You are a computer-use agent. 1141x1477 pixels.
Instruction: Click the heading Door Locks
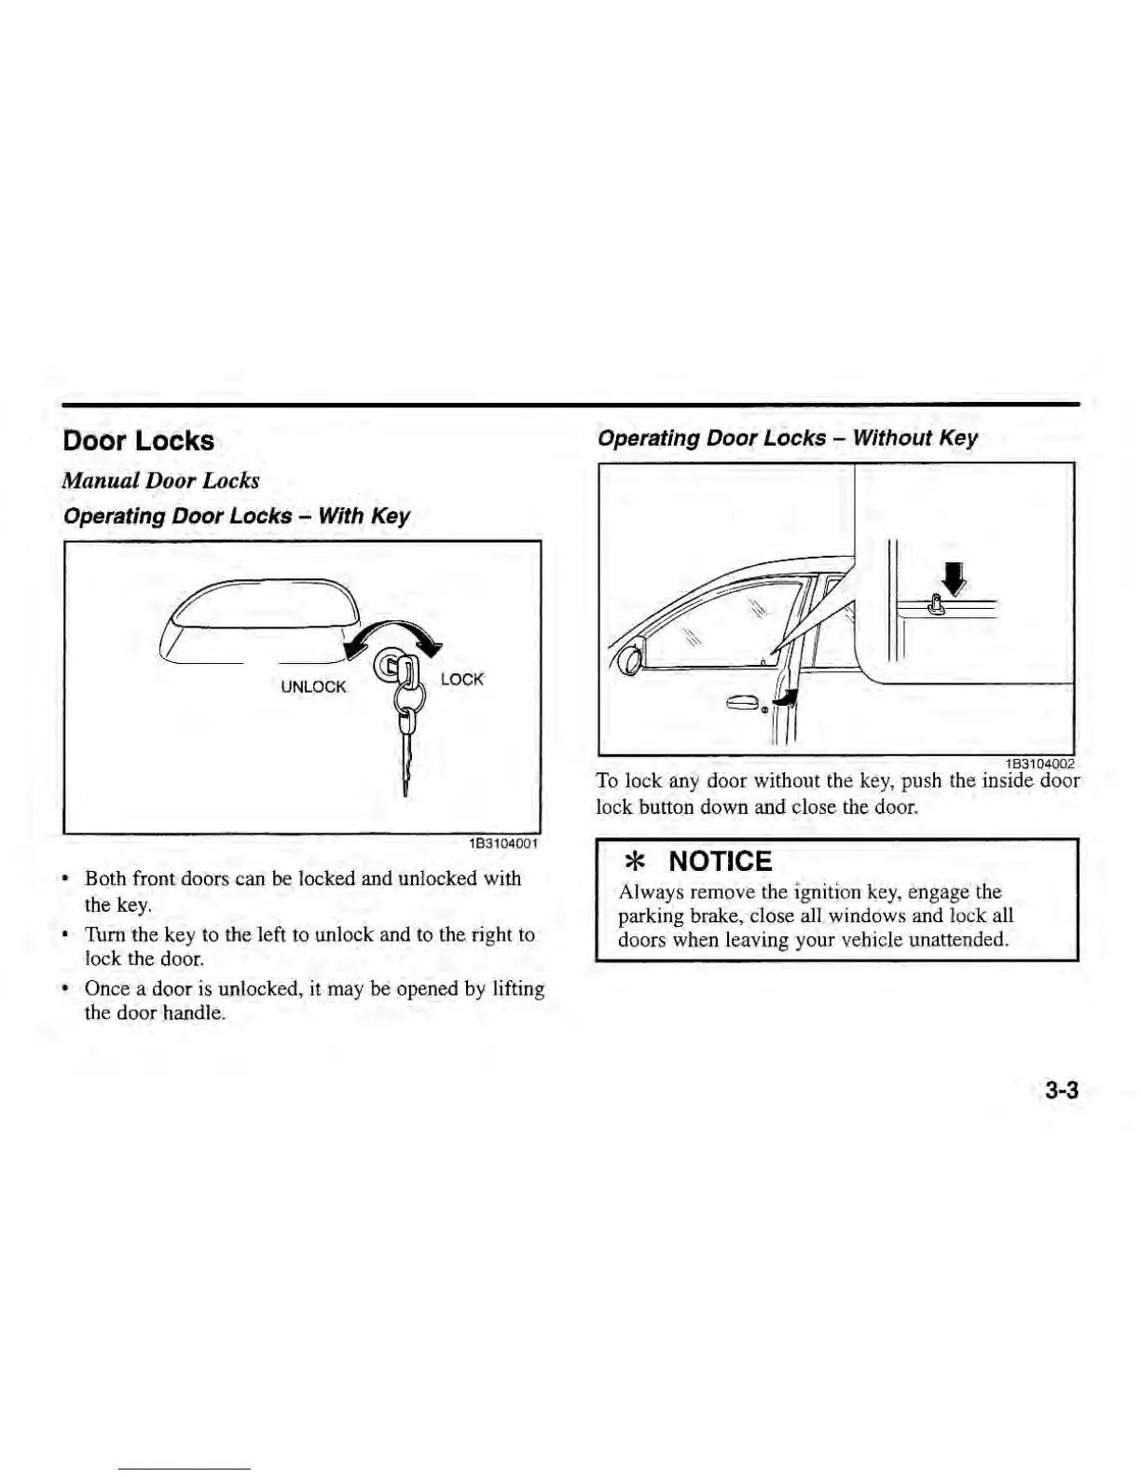click(x=138, y=441)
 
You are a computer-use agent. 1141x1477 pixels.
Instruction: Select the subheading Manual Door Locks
click(x=160, y=481)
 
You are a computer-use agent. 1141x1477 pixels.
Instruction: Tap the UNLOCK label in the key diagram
click(x=313, y=687)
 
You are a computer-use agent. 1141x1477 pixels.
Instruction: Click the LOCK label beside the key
click(x=461, y=680)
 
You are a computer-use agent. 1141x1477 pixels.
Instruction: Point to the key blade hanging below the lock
click(x=407, y=760)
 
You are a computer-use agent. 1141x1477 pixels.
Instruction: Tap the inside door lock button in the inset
click(x=935, y=607)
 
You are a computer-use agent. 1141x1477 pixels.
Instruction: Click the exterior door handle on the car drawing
click(x=744, y=702)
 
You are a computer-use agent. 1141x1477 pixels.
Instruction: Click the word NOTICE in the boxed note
click(x=721, y=862)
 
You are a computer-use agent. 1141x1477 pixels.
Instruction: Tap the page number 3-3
click(x=1061, y=1090)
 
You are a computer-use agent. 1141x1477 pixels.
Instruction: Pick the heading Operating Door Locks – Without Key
click(x=788, y=438)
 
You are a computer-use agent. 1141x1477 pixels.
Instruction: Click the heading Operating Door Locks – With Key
click(x=236, y=517)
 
